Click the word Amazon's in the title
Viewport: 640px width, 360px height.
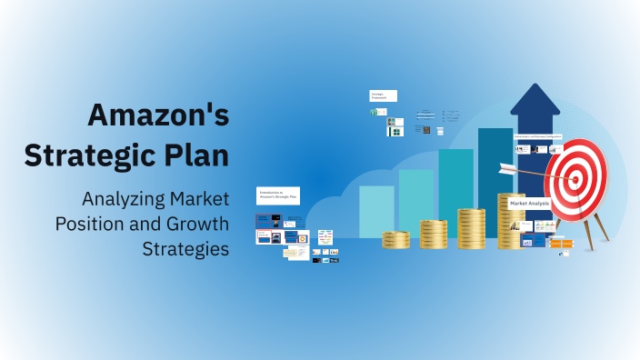click(x=158, y=115)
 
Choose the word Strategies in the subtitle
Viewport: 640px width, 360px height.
click(x=185, y=247)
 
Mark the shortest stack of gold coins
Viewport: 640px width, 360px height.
click(x=396, y=240)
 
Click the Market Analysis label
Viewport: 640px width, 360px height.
click(x=529, y=204)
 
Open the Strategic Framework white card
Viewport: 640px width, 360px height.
click(x=383, y=95)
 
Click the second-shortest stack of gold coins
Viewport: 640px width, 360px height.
click(x=434, y=235)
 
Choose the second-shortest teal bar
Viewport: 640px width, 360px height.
click(x=416, y=202)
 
